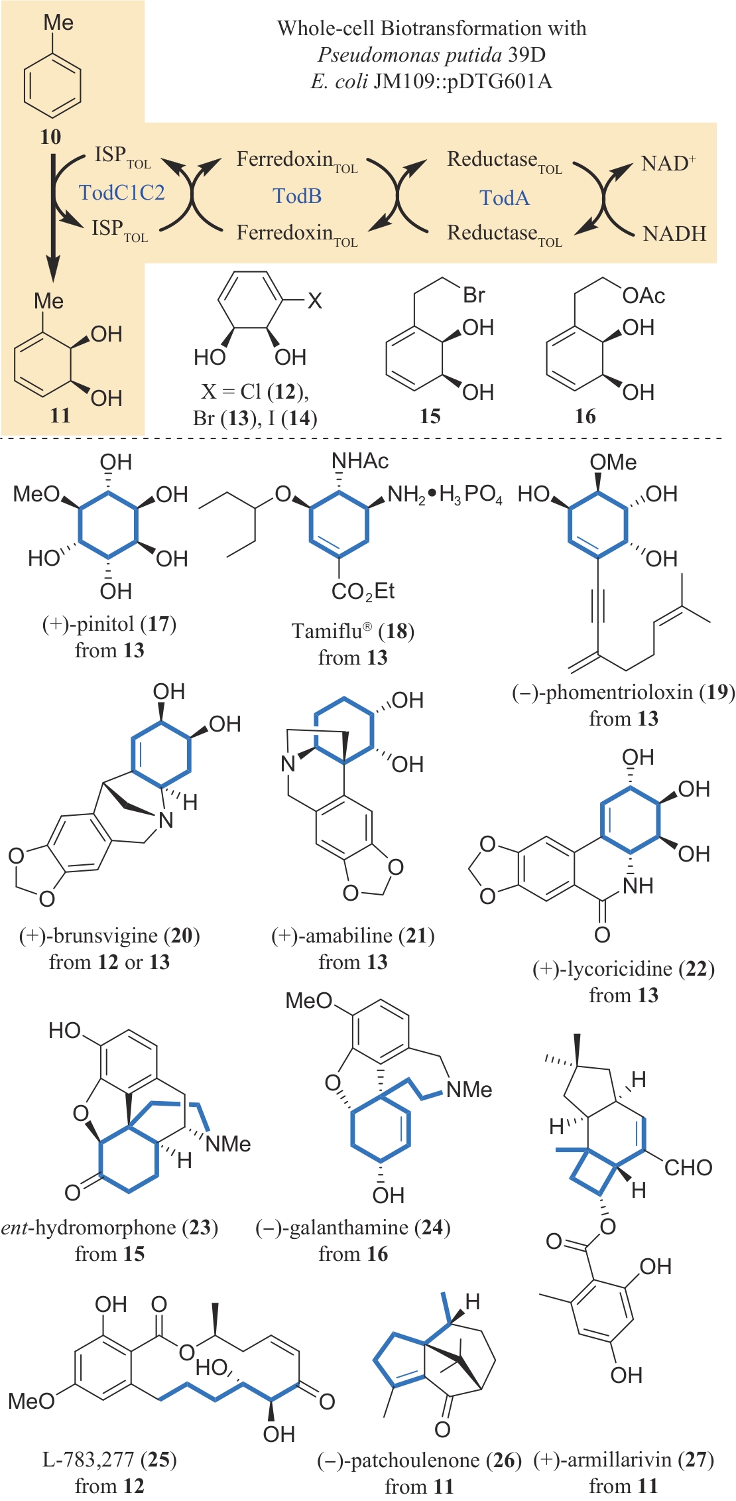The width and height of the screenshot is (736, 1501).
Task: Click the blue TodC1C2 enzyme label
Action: [121, 193]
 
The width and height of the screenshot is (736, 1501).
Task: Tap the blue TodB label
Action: [297, 196]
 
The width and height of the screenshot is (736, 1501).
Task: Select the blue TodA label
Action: [505, 198]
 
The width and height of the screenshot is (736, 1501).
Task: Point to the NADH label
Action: [674, 233]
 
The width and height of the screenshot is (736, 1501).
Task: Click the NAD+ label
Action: [668, 163]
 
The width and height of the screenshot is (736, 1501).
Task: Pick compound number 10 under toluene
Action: [50, 137]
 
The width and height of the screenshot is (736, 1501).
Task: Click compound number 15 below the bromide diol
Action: [430, 417]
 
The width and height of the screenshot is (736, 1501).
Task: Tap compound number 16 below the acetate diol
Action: [585, 417]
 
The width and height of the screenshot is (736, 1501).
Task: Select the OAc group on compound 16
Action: [643, 296]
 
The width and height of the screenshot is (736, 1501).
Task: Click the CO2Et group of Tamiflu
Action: [363, 591]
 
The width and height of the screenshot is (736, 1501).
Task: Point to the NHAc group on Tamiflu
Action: [360, 461]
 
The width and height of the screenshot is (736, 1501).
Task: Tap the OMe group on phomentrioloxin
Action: [613, 462]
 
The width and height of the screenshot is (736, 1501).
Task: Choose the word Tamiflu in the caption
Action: [329, 631]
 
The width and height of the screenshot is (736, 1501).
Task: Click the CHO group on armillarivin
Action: [688, 1167]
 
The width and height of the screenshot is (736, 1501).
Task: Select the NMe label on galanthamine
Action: [469, 1089]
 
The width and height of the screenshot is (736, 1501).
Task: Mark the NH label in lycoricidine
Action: [638, 885]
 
